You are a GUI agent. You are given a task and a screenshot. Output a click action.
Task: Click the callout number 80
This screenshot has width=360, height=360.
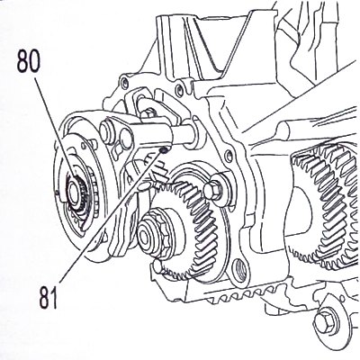28,62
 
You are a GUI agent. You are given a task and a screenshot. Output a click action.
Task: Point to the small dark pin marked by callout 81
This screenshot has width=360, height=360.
164,149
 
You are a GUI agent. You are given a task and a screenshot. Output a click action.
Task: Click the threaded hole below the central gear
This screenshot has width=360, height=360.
241,269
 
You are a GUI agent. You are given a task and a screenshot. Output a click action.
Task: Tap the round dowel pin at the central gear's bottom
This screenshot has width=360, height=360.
157,265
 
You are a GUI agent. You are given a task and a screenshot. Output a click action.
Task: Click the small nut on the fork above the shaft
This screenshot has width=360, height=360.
147,114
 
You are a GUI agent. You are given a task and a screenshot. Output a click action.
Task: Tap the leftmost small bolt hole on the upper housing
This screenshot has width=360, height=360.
123,82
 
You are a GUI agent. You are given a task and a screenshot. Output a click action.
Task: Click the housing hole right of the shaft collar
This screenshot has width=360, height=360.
229,156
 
